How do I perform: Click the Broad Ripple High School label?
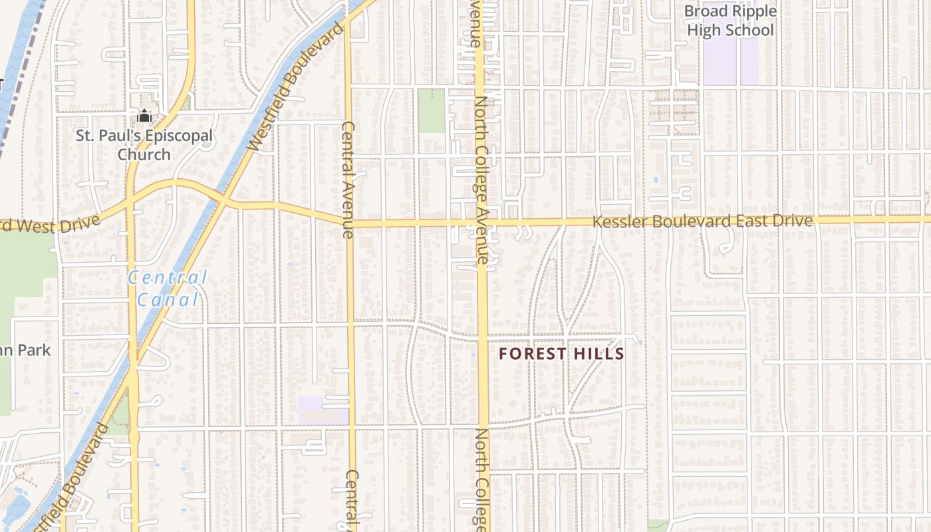pos(730,21)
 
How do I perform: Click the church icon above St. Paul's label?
pos(144,116)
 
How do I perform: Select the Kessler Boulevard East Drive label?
pos(702,221)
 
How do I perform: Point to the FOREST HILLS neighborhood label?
pos(562,354)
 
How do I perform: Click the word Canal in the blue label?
pos(168,299)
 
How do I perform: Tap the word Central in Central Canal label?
pos(168,277)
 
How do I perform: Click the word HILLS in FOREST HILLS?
pos(598,354)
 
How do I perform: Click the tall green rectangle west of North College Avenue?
pos(431,110)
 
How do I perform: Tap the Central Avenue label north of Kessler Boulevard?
pos(347,180)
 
